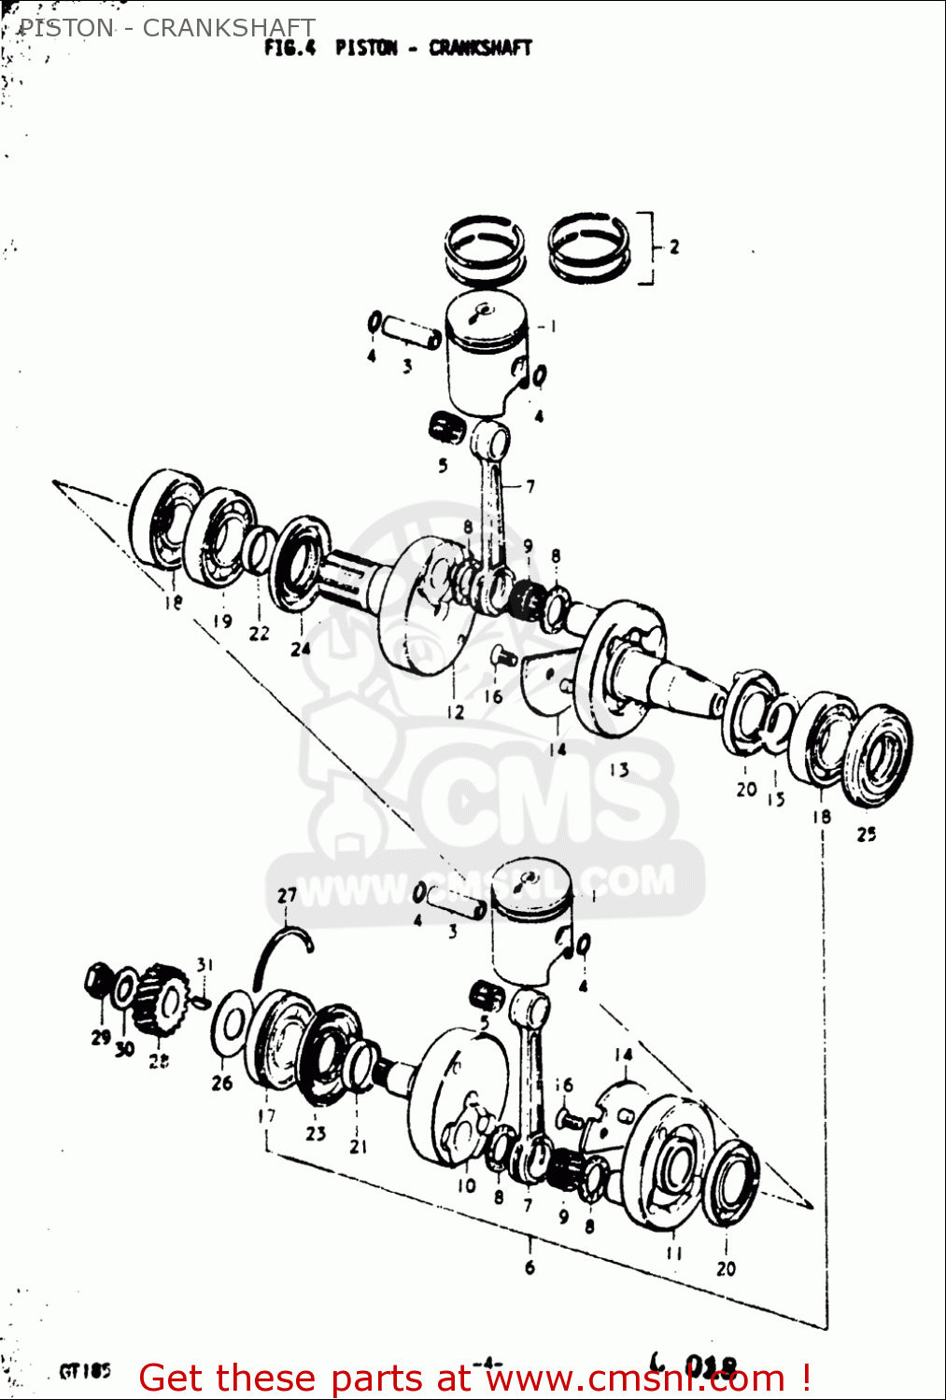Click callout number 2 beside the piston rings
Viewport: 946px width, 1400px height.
click(x=673, y=246)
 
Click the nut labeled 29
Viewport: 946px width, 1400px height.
click(x=98, y=980)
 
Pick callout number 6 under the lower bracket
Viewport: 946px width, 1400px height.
click(x=529, y=1267)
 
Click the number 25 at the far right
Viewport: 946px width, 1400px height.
click(x=867, y=833)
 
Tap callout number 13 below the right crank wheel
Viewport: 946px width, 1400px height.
click(x=619, y=770)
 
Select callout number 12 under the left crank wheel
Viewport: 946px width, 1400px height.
click(x=455, y=712)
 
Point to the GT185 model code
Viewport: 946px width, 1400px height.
click(x=85, y=1371)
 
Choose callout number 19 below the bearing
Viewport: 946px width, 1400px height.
click(x=222, y=621)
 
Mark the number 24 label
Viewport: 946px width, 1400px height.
click(x=300, y=648)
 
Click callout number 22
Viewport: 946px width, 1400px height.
click(x=259, y=633)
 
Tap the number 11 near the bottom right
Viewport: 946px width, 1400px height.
click(x=674, y=1253)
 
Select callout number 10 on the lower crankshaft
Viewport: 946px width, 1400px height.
click(x=466, y=1185)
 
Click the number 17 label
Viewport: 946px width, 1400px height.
click(x=267, y=1115)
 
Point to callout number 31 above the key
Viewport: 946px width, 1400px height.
click(x=205, y=964)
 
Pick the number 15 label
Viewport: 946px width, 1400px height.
click(x=776, y=799)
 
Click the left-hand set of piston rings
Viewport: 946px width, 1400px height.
click(x=484, y=248)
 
